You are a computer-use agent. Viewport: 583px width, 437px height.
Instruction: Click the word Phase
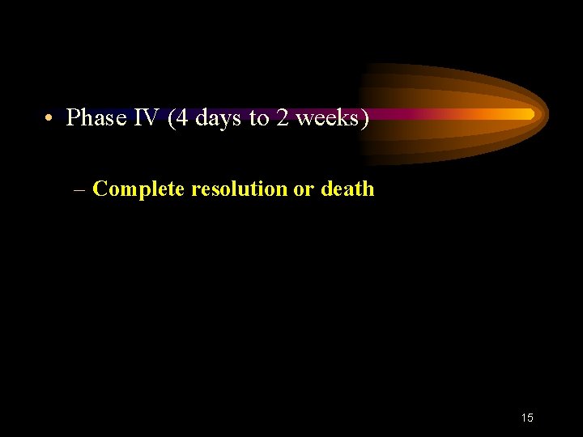[x=96, y=118]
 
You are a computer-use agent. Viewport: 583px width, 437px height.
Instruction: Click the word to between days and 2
[x=258, y=119]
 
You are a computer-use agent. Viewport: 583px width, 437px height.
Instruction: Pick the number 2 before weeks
[x=282, y=118]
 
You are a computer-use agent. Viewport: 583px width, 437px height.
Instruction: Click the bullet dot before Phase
[x=49, y=119]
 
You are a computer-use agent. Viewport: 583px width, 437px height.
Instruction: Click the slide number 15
[x=527, y=418]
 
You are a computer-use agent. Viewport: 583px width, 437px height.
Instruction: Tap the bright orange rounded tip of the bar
[x=528, y=114]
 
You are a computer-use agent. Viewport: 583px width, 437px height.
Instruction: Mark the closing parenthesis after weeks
[x=365, y=119]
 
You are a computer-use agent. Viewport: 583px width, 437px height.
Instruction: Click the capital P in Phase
[x=73, y=118]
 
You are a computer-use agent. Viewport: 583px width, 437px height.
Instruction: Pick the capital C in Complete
[x=100, y=189]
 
